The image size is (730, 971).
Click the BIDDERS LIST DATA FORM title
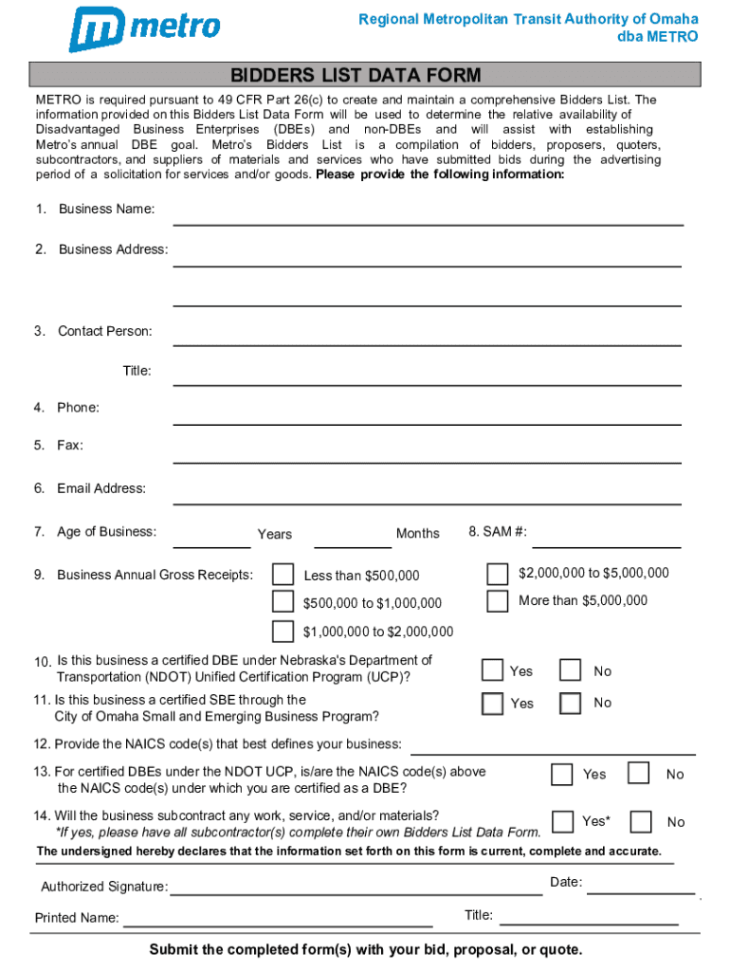tap(364, 75)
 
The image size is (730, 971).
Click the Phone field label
tap(78, 408)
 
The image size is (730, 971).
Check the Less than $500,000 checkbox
tap(283, 575)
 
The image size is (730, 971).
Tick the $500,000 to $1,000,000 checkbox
tap(283, 601)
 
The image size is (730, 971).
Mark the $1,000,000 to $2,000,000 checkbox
tap(283, 631)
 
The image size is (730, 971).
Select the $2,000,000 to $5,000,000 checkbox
tap(497, 574)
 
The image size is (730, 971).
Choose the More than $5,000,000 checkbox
tap(497, 601)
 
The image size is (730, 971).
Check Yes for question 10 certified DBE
tap(492, 670)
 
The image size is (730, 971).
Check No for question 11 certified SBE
tap(570, 703)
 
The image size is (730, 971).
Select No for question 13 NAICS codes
tap(641, 774)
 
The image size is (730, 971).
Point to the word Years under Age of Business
tap(275, 534)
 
